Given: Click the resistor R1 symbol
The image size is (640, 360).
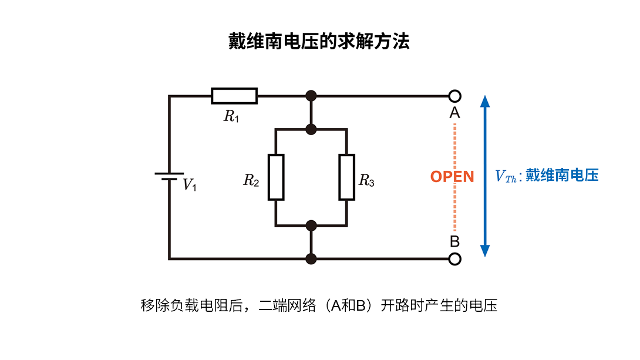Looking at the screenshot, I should (x=234, y=96).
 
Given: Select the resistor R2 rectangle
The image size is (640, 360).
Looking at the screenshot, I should (x=276, y=177).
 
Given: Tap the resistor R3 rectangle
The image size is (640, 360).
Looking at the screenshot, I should (x=347, y=177).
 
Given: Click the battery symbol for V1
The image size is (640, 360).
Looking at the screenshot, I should (x=169, y=176).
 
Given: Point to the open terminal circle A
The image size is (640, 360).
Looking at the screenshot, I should (x=454, y=96).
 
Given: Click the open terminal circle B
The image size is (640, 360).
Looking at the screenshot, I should (x=454, y=258).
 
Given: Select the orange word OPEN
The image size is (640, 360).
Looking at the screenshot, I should (x=452, y=177).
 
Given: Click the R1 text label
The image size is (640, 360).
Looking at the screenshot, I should (x=231, y=116).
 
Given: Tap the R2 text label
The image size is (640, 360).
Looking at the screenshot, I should (x=251, y=180).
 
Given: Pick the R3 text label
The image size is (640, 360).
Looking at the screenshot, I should (x=366, y=180).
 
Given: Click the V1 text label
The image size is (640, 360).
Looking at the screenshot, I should (x=190, y=185).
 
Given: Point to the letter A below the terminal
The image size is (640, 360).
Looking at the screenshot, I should (x=454, y=113).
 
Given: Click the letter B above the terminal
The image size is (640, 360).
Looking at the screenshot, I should (x=454, y=241).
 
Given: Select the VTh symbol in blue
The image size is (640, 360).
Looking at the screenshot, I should (x=506, y=176).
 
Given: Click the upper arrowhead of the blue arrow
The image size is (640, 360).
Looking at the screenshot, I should (x=485, y=101).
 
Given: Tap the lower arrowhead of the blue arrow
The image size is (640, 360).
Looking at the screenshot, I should (x=485, y=251).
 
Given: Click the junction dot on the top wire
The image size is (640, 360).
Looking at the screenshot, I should (x=311, y=96).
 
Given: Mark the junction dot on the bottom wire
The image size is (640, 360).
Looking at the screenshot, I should (x=311, y=258).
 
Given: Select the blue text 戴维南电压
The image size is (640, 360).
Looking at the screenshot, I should (x=562, y=176).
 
